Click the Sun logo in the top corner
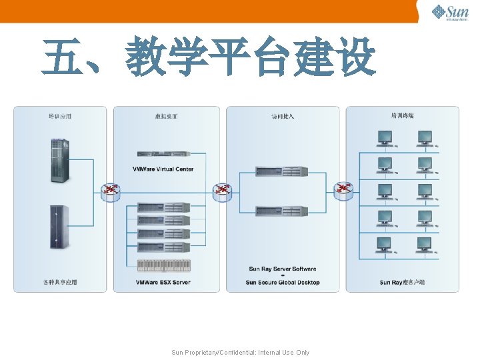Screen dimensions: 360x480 (x=450, y=12)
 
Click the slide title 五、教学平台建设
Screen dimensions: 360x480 (x=209, y=57)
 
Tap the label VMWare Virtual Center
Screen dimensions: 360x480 (x=163, y=169)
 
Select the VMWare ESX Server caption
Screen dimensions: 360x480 (x=163, y=283)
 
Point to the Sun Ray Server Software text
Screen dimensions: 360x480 (x=283, y=269)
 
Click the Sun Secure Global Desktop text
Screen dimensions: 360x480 (x=283, y=283)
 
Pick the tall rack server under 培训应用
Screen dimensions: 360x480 (x=59, y=161)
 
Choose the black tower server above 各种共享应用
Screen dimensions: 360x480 (x=59, y=227)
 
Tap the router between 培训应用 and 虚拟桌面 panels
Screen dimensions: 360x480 (x=110, y=191)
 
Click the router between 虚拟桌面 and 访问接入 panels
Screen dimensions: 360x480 (x=223, y=191)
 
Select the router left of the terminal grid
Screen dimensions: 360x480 (x=343, y=191)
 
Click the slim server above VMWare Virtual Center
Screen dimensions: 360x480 (x=163, y=155)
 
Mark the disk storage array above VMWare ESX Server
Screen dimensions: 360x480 (x=163, y=265)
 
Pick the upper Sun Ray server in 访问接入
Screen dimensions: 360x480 (x=282, y=172)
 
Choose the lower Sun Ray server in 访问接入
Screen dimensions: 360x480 (x=282, y=211)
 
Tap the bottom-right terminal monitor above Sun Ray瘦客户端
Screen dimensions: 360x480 (x=425, y=245)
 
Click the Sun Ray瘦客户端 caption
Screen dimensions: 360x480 (x=402, y=283)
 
